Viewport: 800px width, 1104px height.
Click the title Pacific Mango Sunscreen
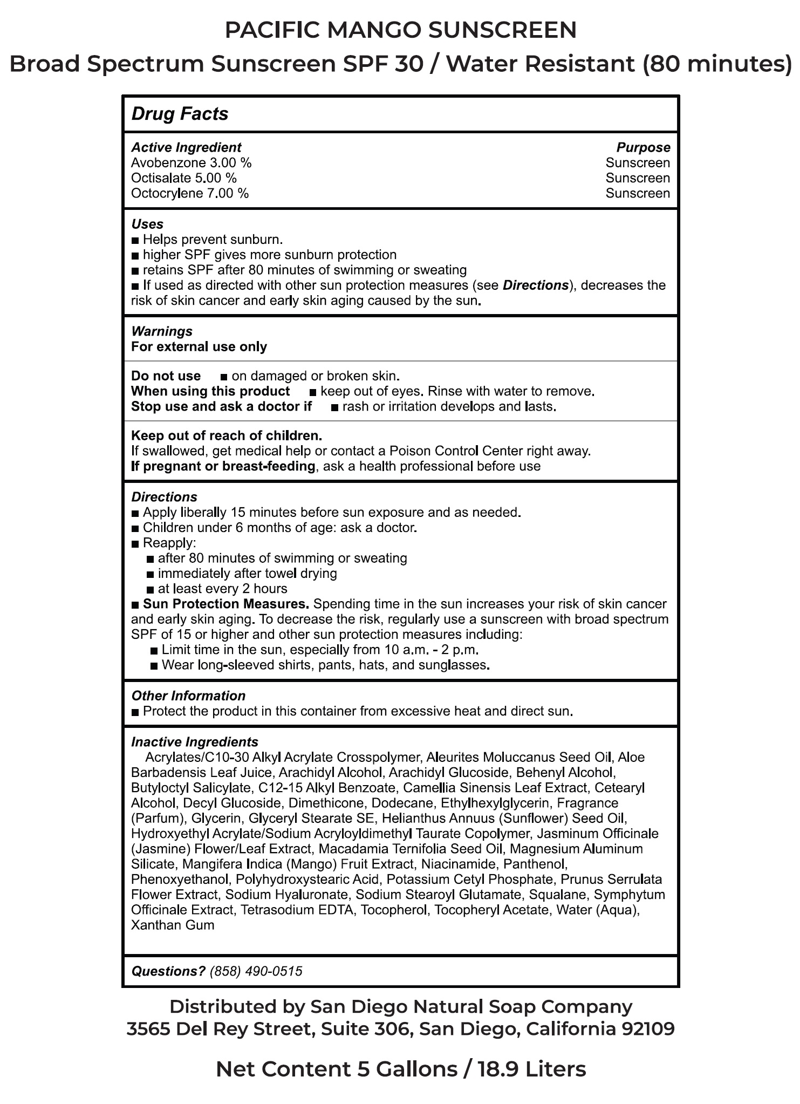[400, 30]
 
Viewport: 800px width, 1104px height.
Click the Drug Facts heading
[180, 114]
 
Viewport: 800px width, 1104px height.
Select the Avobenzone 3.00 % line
[191, 163]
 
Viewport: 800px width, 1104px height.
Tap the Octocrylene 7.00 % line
[190, 193]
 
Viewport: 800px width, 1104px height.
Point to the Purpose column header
[643, 147]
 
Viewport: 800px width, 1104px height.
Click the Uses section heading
[147, 224]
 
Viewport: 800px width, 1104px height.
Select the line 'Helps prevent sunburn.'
[213, 240]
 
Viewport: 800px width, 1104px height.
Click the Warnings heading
[161, 331]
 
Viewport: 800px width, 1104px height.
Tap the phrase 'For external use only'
[199, 346]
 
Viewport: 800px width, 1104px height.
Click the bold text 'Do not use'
[166, 376]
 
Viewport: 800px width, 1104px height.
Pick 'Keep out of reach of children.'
[227, 435]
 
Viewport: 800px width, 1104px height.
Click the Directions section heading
[164, 497]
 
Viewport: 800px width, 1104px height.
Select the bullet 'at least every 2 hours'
[222, 589]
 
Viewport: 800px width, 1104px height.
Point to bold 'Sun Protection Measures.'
[226, 604]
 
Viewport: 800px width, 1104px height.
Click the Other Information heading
[188, 696]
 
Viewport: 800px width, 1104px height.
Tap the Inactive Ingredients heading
[195, 742]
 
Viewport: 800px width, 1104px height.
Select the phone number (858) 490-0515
[256, 971]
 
